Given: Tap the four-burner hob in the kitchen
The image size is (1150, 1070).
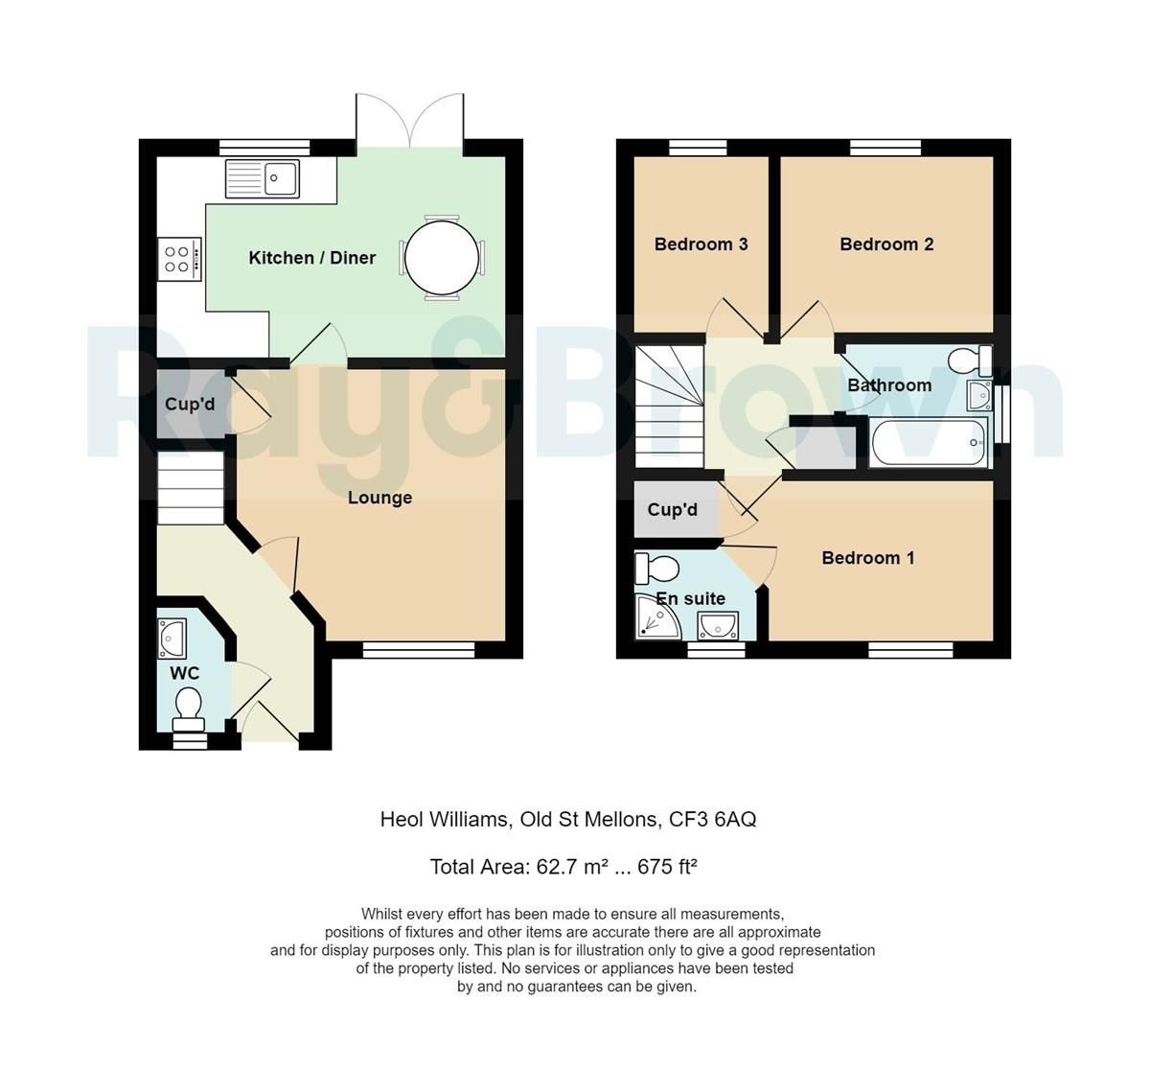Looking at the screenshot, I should coord(179,259).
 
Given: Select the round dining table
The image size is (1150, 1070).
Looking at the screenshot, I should coord(441,258).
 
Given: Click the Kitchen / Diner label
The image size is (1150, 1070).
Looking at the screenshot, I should coord(311,258).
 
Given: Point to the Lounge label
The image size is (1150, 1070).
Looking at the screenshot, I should coord(379,498).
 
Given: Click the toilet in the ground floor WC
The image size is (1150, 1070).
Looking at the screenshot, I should coord(188,708).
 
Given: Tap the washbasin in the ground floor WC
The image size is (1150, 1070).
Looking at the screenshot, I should coord(173,637).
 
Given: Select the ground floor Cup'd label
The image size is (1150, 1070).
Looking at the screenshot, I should coord(190,405).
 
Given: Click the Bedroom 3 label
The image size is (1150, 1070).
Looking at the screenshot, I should coord(701,244).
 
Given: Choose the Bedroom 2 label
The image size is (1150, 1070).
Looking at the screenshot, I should coord(886,244).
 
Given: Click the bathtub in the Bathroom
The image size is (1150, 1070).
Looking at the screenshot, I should coord(929,443).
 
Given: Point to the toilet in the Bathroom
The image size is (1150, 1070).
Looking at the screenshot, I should coord(967,361).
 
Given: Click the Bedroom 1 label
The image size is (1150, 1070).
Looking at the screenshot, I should coord(868,558).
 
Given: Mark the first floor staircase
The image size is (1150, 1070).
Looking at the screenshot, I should coord(668,407).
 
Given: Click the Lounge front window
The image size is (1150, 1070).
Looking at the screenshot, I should coord(419,651).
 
